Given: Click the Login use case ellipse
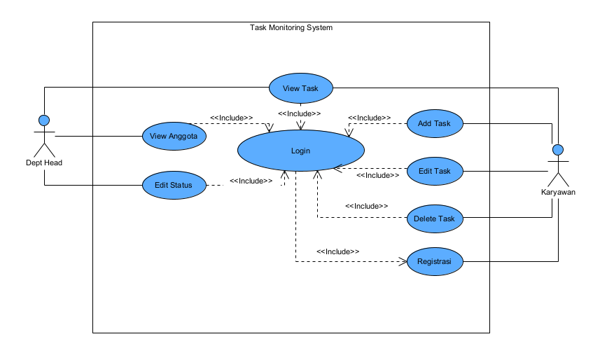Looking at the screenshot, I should (301, 151).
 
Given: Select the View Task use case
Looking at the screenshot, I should (301, 88).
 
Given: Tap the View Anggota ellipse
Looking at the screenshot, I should (174, 136).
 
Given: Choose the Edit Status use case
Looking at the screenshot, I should (174, 185).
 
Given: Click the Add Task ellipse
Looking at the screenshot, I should (434, 123).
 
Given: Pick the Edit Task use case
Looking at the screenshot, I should (434, 171).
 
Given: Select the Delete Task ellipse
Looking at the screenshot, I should (434, 219).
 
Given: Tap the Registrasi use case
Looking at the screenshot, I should (434, 262).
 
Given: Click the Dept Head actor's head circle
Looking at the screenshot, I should (44, 120).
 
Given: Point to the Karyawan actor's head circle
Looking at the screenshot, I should (558, 149).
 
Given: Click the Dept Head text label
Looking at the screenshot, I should (44, 163).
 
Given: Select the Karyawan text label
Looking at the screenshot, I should (558, 192).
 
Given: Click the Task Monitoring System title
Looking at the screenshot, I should (291, 28).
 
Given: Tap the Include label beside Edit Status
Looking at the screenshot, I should (251, 181).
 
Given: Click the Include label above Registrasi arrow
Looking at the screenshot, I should (337, 251).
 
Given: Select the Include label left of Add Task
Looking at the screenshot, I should (369, 118).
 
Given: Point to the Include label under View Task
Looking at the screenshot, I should (300, 113).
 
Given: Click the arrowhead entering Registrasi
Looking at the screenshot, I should (403, 262).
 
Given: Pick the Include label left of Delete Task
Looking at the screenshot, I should (366, 206).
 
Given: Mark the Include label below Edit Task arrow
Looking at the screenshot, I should (377, 175).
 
